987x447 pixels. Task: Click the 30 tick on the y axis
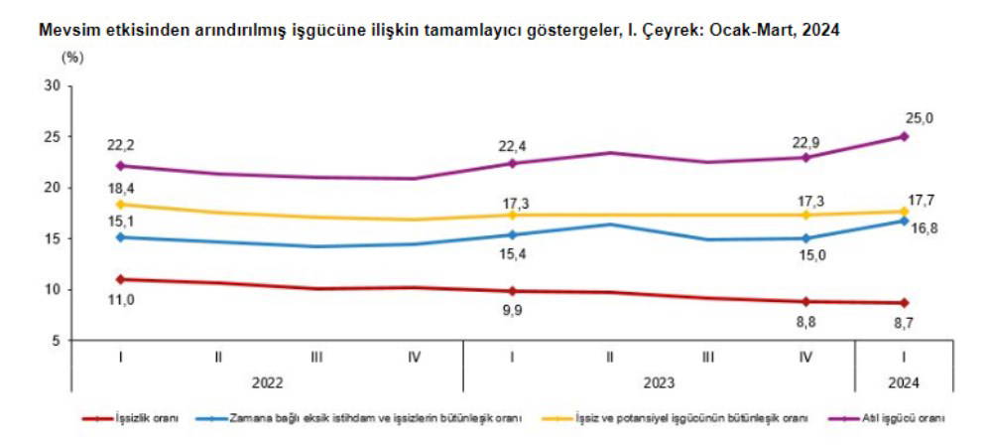click(54, 85)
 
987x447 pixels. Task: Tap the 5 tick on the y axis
click(58, 341)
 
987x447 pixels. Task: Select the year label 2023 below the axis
click(658, 379)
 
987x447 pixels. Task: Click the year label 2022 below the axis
click(267, 379)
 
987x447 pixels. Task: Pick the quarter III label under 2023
click(707, 357)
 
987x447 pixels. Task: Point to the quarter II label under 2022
click(217, 357)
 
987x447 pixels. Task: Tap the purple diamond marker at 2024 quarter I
click(904, 136)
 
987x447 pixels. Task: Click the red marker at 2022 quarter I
click(120, 279)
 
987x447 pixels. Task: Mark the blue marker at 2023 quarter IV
click(805, 238)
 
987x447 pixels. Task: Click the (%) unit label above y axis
click(72, 57)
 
